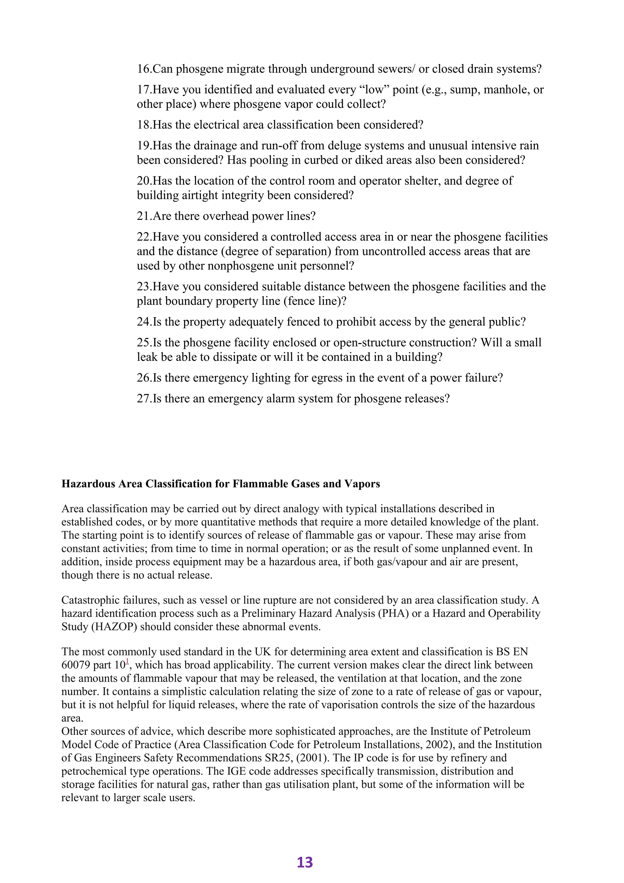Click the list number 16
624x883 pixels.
(x=144, y=69)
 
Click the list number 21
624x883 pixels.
(x=144, y=216)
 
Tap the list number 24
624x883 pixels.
(x=144, y=322)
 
